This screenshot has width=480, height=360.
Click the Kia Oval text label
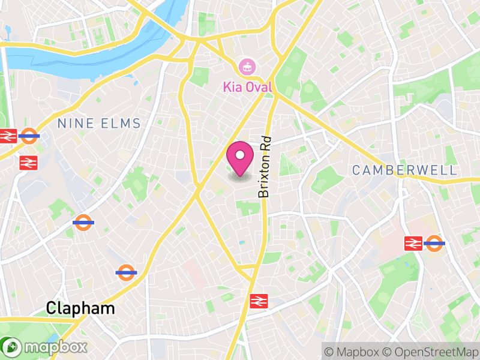pos(247,87)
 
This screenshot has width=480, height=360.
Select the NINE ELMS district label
pos(99,124)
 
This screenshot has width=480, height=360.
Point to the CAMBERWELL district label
pos(404,170)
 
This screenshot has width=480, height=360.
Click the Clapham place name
pos(80,309)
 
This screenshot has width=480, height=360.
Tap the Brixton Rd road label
pos(264,166)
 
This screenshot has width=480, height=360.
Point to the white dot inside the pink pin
pos(240,155)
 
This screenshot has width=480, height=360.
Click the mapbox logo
pos(45,347)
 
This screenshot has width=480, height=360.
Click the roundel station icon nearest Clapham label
pos(126,272)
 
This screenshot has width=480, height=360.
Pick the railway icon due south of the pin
pos(259,301)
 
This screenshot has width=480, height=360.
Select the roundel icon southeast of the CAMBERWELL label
pos(434,242)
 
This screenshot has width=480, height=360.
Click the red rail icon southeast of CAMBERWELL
pos(413,242)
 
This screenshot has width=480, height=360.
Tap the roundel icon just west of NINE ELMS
pos(29,136)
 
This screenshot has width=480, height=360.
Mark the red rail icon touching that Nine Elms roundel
pos(8,136)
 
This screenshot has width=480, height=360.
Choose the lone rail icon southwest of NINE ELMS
pos(28,162)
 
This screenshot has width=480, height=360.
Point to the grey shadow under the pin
pos(240,176)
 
